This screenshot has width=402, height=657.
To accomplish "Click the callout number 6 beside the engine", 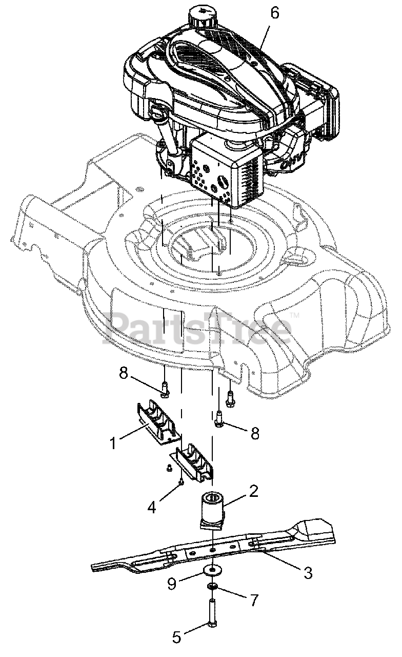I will point(275,13).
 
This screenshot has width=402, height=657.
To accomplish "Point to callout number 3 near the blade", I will point(307,573).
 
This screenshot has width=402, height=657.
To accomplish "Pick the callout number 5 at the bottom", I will point(176,637).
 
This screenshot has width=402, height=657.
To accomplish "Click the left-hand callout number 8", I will point(124,373).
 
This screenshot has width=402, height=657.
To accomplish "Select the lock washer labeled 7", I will point(212,586).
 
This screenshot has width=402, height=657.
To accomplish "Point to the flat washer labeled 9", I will point(212,570).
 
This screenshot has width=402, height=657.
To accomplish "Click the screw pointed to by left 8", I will point(164,389).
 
